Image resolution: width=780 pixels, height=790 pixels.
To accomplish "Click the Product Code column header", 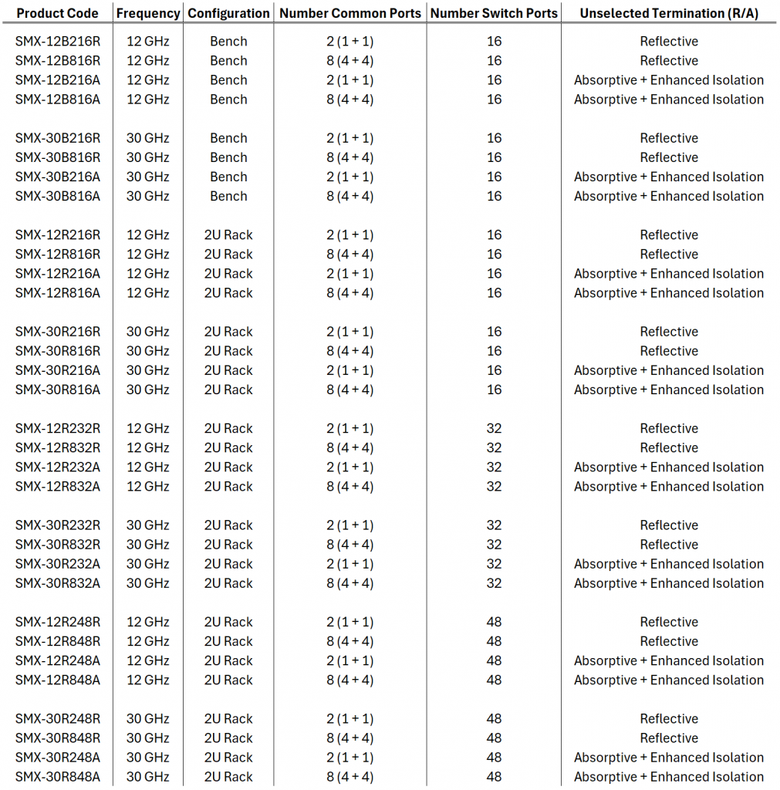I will [x=57, y=13].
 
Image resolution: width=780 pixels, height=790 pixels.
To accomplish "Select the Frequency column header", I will [x=148, y=13].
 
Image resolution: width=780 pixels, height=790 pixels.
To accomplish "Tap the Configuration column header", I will [x=228, y=13].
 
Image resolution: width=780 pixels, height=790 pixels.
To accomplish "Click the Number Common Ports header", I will [x=349, y=13].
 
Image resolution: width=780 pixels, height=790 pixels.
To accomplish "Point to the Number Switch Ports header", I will [x=494, y=13].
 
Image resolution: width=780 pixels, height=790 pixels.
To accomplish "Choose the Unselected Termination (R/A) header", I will [x=668, y=13].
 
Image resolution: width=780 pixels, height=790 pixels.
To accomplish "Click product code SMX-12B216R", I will [x=57, y=42].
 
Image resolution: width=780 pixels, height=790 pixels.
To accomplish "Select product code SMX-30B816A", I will [x=57, y=197].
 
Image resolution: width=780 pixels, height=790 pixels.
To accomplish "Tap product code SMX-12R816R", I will [x=57, y=255].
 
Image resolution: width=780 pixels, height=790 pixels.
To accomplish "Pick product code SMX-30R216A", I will [x=57, y=370].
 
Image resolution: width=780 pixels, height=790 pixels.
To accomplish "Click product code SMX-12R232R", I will [x=57, y=429].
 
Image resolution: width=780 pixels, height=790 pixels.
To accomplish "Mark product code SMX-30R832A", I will [x=57, y=583].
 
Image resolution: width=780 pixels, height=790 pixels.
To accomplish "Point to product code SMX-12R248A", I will [x=57, y=661].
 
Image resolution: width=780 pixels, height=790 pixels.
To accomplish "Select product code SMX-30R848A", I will [x=57, y=777].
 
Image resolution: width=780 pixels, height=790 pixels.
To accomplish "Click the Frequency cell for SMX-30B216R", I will [x=148, y=139].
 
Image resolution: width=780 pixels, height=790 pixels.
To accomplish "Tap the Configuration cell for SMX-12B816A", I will [x=228, y=100].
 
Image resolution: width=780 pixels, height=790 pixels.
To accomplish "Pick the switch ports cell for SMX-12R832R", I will [x=494, y=448].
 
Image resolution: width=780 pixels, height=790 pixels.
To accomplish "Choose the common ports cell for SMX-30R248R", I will [x=349, y=719].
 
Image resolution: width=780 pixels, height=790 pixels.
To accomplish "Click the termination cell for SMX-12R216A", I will [x=668, y=274].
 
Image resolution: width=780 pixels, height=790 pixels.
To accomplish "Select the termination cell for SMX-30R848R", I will [x=668, y=738].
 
